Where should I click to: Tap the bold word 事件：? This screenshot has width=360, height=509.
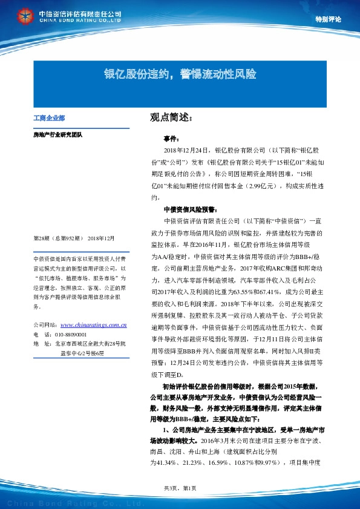pos(172,139)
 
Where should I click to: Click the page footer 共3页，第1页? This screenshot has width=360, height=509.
pos(180,488)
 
